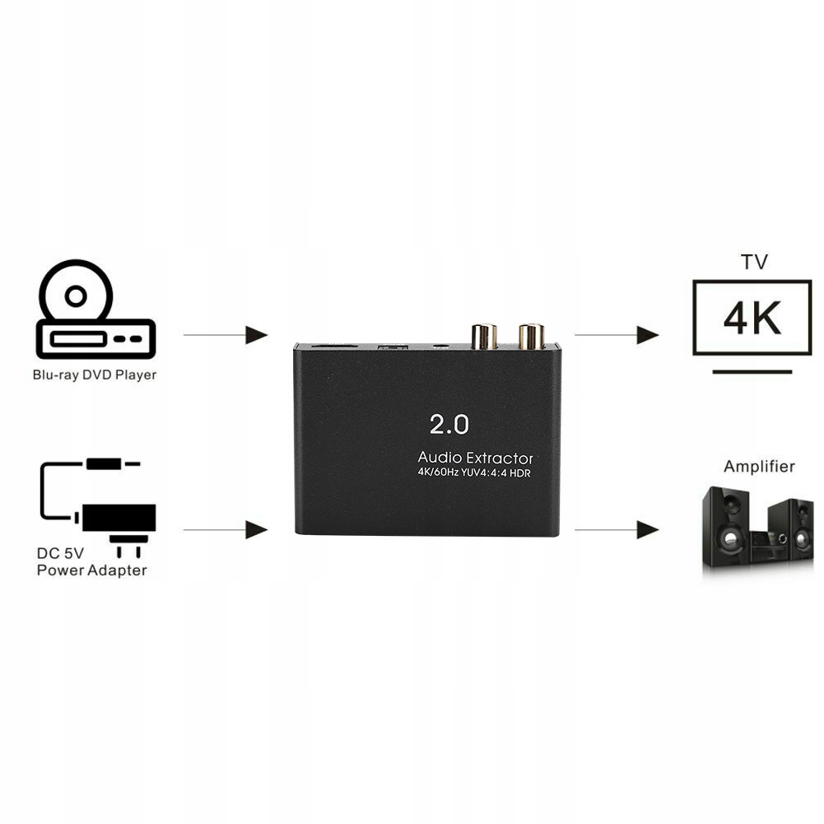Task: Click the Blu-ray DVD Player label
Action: [x=95, y=375]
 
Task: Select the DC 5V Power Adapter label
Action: [x=91, y=561]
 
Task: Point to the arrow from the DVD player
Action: [x=226, y=335]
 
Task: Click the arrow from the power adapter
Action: [x=226, y=530]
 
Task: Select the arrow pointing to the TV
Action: [x=617, y=335]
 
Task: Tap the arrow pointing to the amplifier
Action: [x=617, y=530]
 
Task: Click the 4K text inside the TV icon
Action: [x=752, y=318]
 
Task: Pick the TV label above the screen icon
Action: [x=755, y=262]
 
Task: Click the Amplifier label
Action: [x=759, y=466]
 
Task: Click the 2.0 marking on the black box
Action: [x=449, y=424]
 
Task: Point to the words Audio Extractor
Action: [x=475, y=458]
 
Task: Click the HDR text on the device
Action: [x=519, y=473]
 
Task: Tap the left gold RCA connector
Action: [x=484, y=337]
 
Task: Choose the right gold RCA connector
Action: [x=531, y=337]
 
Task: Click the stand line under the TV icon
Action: [x=752, y=371]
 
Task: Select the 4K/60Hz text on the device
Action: [x=438, y=473]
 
